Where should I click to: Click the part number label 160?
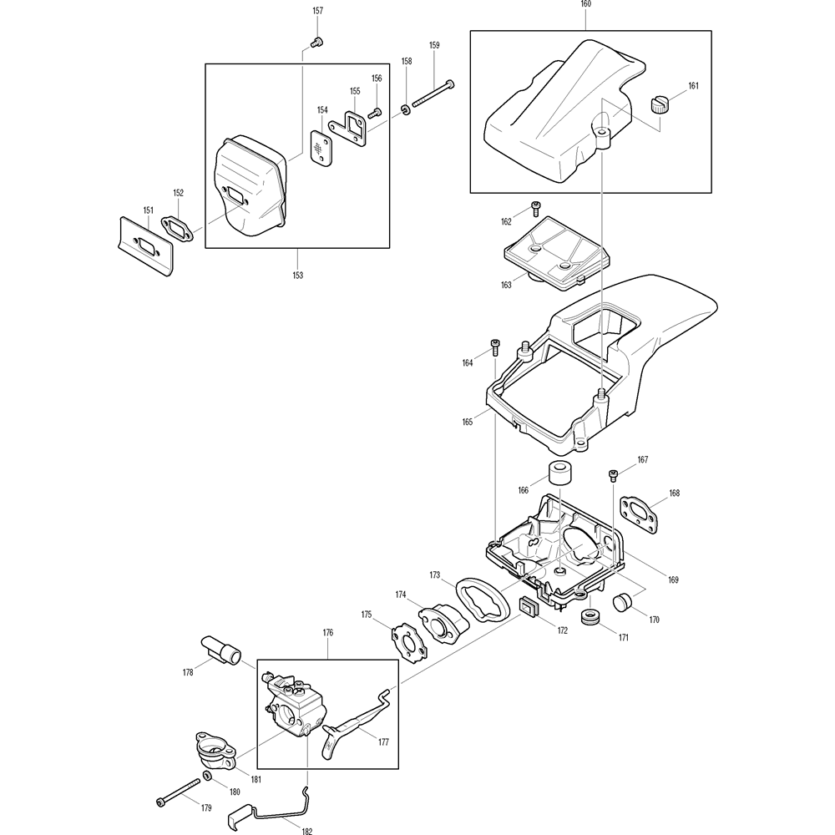point(584,4)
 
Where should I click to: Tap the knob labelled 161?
point(660,105)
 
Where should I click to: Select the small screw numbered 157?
point(316,41)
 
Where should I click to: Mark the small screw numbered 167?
point(614,475)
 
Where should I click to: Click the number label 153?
point(298,274)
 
